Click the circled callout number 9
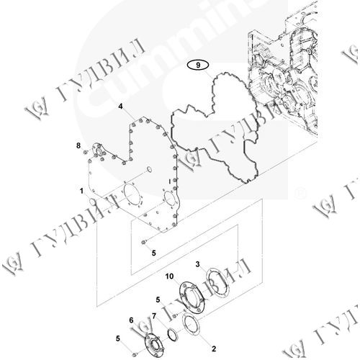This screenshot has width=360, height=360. tap(198, 65)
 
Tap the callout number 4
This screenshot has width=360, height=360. tap(120, 106)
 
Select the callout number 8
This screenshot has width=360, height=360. tap(78, 145)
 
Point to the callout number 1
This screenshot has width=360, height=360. tap(81, 191)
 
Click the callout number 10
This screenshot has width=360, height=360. tap(169, 276)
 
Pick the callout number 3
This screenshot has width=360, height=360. tap(197, 264)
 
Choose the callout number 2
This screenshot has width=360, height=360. tap(214, 348)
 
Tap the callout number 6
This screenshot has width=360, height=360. tap(131, 320)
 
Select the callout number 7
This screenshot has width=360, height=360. tap(154, 316)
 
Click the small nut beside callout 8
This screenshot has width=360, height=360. tap(85, 152)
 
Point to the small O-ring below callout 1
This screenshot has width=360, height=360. tap(92, 202)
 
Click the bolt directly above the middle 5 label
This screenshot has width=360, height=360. tap(144, 242)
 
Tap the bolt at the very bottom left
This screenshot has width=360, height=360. tap(134, 354)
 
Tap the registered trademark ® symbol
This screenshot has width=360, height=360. tap(300, 193)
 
